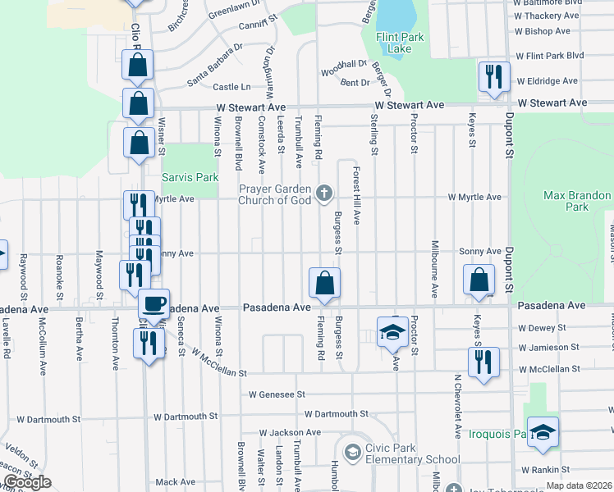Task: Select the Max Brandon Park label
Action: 577,201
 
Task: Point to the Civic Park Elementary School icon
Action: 352,452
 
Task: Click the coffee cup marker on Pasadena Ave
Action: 153,303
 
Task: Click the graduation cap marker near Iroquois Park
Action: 543,431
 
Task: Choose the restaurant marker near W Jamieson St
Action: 483,361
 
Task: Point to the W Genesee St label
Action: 277,394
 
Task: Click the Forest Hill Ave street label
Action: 357,197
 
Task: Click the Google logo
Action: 26,482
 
